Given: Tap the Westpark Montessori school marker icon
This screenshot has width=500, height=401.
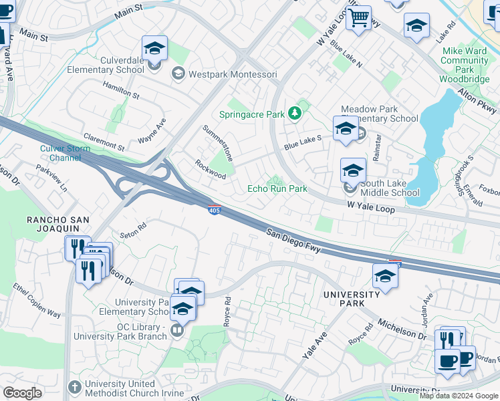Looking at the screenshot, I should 178,74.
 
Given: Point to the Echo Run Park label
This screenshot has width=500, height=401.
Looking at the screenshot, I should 277,188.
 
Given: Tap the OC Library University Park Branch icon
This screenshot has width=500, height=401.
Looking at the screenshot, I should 178,330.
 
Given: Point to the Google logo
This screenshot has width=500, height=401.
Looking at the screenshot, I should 22,393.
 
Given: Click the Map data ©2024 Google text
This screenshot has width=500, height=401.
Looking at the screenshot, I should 459,396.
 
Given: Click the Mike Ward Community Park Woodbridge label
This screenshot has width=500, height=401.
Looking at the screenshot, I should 464,65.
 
